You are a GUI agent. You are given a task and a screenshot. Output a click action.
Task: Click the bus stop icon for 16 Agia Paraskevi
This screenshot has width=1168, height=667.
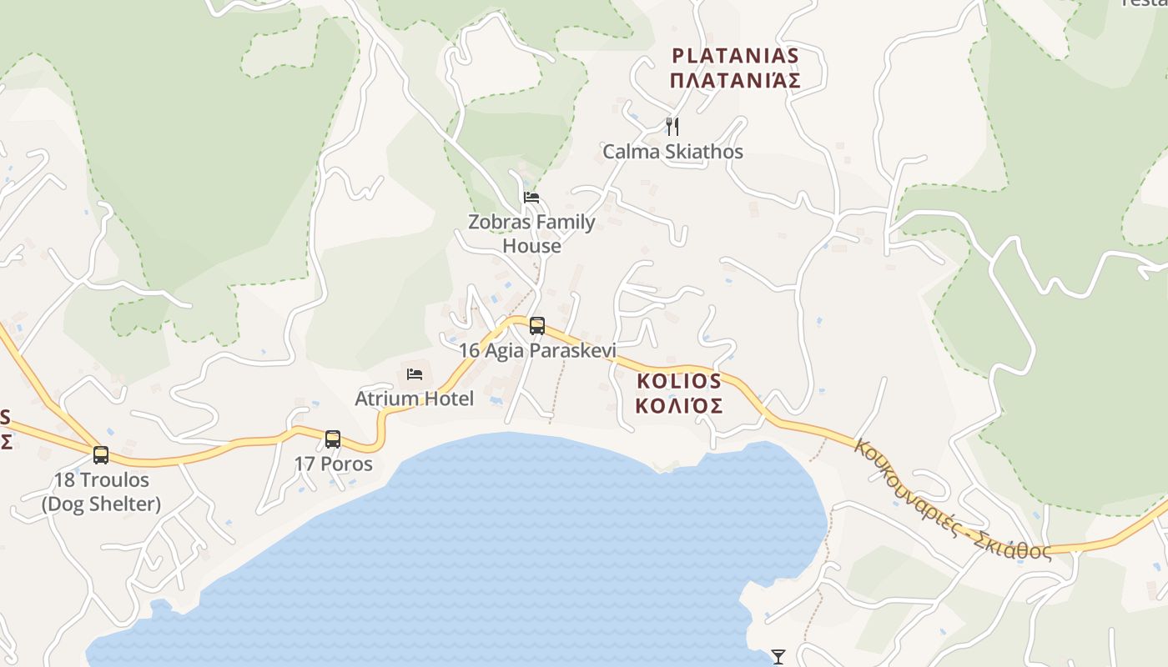click(x=537, y=325)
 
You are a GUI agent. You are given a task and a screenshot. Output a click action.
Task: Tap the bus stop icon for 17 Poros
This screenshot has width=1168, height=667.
click(x=333, y=439)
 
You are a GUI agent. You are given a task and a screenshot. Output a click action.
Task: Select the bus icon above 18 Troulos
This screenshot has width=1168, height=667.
click(x=101, y=455)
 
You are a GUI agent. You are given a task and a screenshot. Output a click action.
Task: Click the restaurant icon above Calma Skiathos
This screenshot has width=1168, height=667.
click(x=672, y=127)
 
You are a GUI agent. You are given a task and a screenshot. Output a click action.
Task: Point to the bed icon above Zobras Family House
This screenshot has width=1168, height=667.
click(x=531, y=198)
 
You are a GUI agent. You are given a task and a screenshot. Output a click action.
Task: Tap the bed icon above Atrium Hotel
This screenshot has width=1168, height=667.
click(x=415, y=374)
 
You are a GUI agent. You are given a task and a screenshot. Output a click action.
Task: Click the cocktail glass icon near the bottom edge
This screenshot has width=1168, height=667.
click(x=778, y=657)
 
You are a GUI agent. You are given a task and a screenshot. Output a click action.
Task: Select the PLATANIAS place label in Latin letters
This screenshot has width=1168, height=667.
click(x=735, y=56)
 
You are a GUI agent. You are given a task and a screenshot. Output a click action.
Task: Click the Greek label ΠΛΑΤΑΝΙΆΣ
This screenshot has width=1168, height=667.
click(x=735, y=81)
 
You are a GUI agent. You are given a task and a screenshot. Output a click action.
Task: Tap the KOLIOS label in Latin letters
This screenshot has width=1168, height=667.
click(x=678, y=381)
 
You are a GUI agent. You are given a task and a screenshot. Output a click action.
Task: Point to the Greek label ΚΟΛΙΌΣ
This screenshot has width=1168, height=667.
click(x=678, y=407)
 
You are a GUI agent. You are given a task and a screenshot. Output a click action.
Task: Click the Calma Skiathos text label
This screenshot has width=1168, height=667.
click(x=672, y=152)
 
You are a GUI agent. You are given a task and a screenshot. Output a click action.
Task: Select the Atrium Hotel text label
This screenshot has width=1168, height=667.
click(x=414, y=399)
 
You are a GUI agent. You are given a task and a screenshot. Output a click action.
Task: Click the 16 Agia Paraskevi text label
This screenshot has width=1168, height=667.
click(x=537, y=350)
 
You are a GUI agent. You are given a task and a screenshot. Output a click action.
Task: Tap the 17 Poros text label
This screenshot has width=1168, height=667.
click(x=333, y=464)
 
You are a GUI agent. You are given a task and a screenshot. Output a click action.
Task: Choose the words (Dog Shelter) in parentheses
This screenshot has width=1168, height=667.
click(x=101, y=504)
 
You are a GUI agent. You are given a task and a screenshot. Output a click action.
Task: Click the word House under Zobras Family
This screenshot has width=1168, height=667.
click(x=531, y=247)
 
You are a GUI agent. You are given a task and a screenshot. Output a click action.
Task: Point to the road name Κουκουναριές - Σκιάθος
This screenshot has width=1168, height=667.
click(x=951, y=501)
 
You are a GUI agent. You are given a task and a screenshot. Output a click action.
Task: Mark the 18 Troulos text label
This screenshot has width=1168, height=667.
click(x=101, y=480)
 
